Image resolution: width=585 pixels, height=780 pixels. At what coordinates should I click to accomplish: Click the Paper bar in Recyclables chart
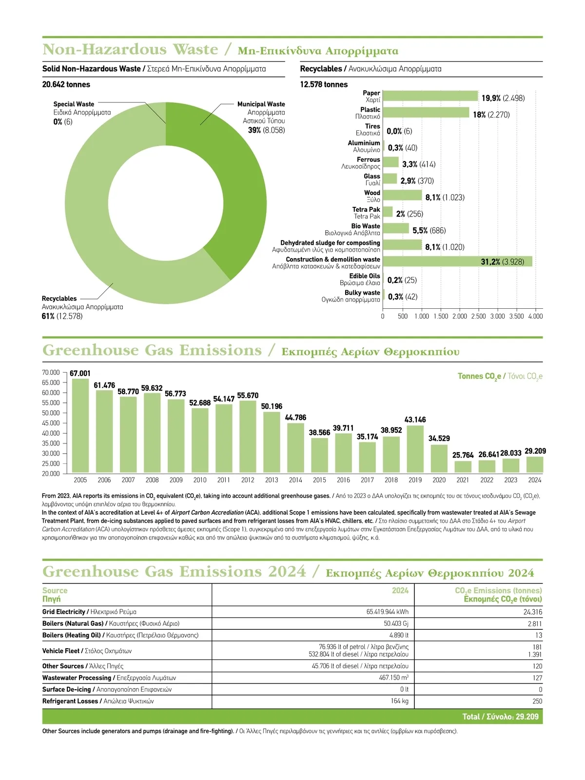(430, 97)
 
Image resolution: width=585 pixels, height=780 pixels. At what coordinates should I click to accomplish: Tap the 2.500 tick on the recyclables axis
(478, 316)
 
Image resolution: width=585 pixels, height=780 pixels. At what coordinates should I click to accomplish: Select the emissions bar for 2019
(415, 449)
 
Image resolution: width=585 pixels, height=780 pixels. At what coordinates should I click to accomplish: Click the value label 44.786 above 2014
(295, 418)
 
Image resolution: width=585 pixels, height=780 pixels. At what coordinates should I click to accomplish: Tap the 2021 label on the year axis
(463, 480)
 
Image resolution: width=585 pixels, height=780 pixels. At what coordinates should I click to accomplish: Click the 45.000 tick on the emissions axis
(51, 423)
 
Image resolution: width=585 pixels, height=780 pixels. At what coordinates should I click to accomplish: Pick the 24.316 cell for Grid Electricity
(532, 612)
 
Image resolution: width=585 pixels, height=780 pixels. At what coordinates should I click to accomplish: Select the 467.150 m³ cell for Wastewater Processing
(393, 678)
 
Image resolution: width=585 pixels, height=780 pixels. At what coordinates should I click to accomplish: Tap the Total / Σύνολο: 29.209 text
(500, 717)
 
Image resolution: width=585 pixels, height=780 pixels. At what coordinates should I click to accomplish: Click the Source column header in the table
(55, 591)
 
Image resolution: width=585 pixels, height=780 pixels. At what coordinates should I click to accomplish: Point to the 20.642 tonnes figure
(66, 84)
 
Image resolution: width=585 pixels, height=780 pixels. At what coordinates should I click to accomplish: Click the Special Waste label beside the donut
(74, 104)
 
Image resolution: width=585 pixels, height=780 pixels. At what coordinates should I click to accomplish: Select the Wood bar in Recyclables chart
(402, 196)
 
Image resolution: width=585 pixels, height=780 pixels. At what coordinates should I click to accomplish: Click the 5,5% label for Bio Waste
(420, 230)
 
